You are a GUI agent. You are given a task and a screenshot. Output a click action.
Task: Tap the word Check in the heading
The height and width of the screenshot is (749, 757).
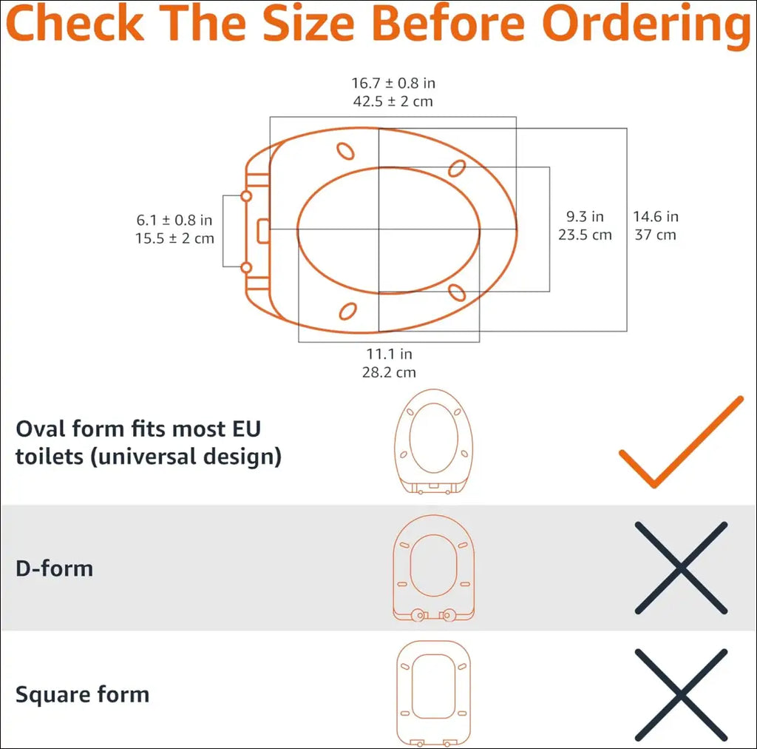(x=75, y=23)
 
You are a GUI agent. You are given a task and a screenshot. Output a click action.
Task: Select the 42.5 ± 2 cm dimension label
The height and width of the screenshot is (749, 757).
(x=393, y=101)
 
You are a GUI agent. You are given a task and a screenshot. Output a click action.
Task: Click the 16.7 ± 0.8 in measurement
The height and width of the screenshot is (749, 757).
(x=393, y=83)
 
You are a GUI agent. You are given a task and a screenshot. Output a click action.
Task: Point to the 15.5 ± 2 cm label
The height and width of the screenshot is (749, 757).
(x=174, y=238)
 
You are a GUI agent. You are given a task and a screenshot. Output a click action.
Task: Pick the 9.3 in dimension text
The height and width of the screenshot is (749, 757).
(x=585, y=217)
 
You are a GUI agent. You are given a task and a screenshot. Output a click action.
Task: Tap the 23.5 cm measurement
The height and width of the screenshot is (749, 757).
(x=585, y=235)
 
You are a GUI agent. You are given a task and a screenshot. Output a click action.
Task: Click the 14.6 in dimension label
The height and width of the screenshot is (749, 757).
(x=656, y=217)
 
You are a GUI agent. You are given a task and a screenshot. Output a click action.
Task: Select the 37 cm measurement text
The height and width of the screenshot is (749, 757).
(x=655, y=235)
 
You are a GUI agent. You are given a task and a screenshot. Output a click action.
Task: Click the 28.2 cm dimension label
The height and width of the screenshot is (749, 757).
(x=389, y=372)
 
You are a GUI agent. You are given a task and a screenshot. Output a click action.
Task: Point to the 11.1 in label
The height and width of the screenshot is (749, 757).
(x=389, y=354)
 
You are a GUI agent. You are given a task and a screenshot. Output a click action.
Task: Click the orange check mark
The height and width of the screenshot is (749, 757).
(x=681, y=442)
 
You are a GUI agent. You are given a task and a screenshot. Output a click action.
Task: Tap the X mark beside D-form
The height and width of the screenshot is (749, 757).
(x=681, y=568)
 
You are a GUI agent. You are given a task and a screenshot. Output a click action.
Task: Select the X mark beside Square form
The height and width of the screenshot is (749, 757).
(x=681, y=695)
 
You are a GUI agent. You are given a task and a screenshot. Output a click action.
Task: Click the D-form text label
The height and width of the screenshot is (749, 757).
(x=54, y=568)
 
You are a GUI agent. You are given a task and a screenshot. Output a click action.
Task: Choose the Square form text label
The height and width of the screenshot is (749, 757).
(x=83, y=694)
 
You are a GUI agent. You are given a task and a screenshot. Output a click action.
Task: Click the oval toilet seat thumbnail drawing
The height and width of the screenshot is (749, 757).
(x=433, y=441)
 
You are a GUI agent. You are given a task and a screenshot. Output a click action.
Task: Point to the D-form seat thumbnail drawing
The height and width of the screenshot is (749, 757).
(x=433, y=568)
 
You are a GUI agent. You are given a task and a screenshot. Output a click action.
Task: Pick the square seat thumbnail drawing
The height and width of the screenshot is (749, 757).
(x=433, y=693)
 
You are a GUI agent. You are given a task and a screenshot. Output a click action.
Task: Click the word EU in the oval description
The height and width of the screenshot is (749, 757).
(x=247, y=429)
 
